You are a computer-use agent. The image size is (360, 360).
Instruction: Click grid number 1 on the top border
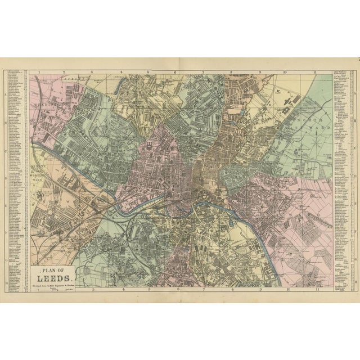point(38,72)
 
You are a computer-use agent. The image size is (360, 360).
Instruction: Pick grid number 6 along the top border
point(175,72)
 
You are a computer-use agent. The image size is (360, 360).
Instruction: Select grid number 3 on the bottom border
point(93,290)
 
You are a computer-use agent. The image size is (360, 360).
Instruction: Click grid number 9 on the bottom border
point(260,290)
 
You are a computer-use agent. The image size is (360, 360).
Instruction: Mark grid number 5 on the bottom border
point(150,290)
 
